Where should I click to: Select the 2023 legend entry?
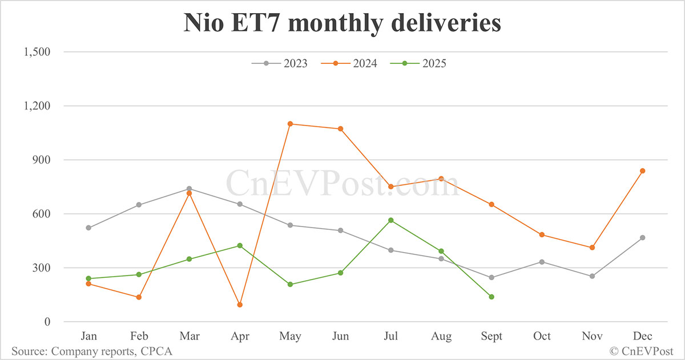[x=280, y=63]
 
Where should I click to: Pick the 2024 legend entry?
[x=349, y=63]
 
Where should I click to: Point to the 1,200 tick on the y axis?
[x=36, y=106]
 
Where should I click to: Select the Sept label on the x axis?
[x=491, y=337]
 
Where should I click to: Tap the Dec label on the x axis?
[x=642, y=337]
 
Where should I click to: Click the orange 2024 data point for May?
[x=290, y=124]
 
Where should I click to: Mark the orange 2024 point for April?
[x=240, y=305]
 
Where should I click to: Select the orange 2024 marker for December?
[x=642, y=171]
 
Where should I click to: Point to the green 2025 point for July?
[x=390, y=220]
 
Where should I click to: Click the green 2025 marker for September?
[x=491, y=297]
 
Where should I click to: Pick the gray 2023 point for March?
[x=189, y=189]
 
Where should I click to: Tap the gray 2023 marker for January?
[x=88, y=228]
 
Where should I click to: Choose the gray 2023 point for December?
[x=642, y=237]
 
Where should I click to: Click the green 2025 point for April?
[x=240, y=245]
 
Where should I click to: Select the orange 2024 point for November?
[x=592, y=248]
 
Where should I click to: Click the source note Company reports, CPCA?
[x=92, y=351]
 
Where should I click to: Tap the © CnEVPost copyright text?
[x=642, y=351]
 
